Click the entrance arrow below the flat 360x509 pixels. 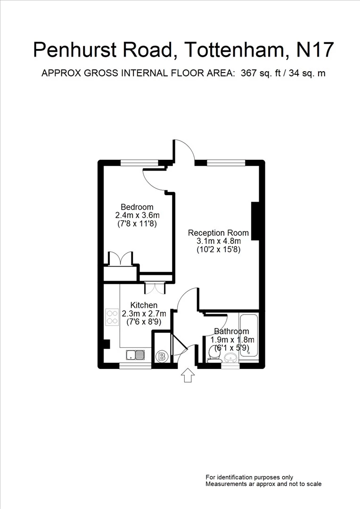pyautogui.click(x=188, y=375)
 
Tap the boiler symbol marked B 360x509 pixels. pyautogui.click(x=162, y=356)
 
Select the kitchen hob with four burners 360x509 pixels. pyautogui.click(x=112, y=317)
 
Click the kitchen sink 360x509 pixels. pyautogui.click(x=136, y=354)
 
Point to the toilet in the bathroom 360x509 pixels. pyautogui.click(x=213, y=354)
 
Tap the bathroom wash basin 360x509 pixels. pyautogui.click(x=230, y=357)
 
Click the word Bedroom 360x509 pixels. pyautogui.click(x=137, y=207)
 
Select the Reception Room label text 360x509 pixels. pyautogui.click(x=218, y=233)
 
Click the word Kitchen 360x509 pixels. pyautogui.click(x=144, y=305)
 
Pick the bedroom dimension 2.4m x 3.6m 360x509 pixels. pyautogui.click(x=137, y=215)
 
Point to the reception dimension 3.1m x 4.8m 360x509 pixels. pyautogui.click(x=218, y=241)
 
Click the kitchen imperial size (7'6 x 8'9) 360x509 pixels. pyautogui.click(x=144, y=322)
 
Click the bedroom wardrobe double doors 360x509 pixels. pyautogui.click(x=121, y=259)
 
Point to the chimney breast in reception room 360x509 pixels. pyautogui.click(x=256, y=221)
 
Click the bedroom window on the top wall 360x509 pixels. pyautogui.click(x=139, y=163)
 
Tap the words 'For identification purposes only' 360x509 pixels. pyautogui.click(x=249, y=477)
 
